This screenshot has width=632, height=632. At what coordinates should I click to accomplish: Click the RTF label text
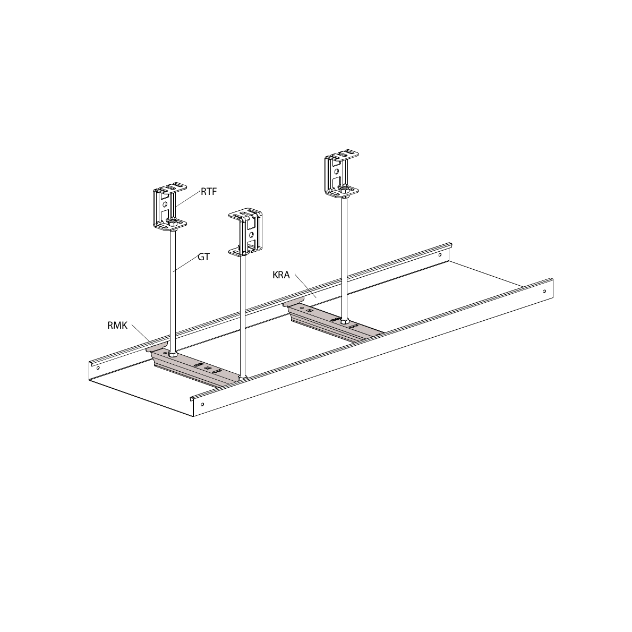208,192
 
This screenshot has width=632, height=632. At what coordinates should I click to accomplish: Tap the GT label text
203,257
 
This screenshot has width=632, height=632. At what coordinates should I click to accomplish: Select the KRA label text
281,275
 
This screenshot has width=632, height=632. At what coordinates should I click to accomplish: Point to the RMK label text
117,326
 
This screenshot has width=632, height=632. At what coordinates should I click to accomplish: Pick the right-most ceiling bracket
342,175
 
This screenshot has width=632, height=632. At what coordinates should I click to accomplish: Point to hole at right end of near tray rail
544,292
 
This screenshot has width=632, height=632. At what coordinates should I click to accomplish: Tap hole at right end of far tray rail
439,255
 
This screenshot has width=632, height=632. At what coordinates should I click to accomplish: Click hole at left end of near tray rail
202,404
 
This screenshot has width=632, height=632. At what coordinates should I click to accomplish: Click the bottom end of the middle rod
243,378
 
